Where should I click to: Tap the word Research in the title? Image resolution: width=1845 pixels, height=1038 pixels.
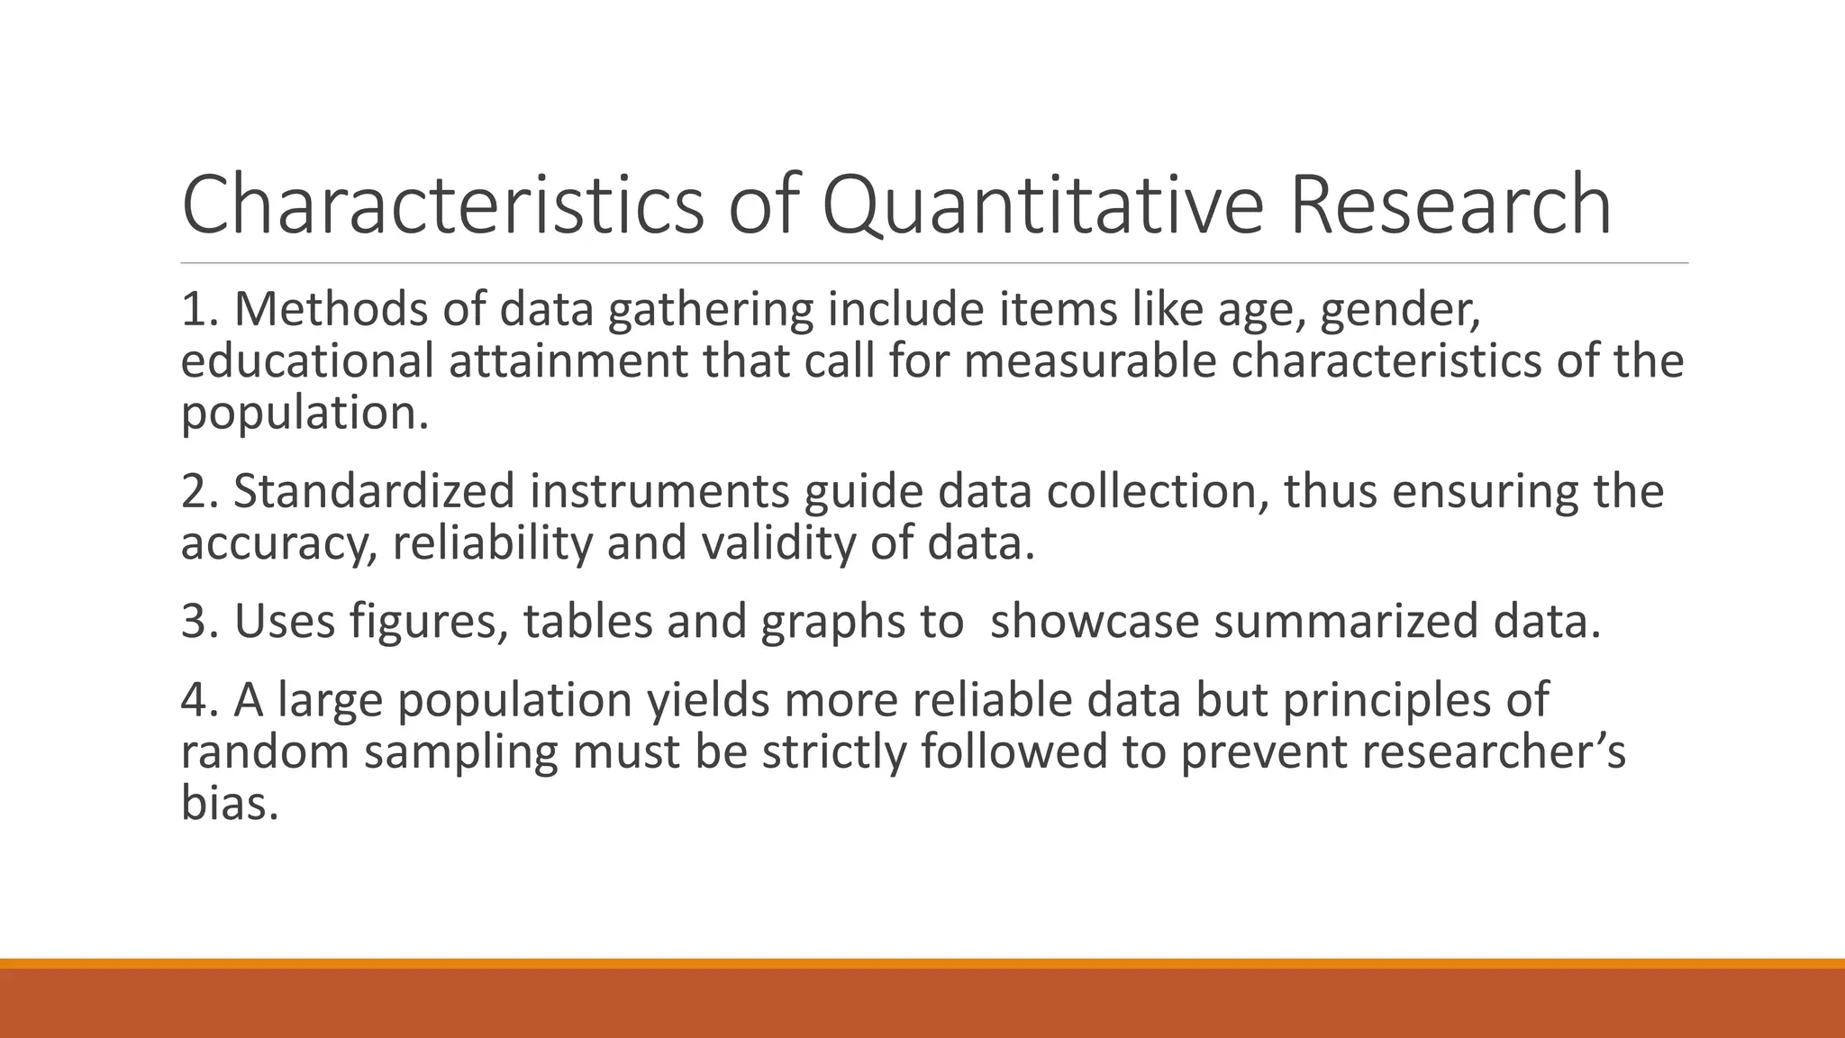pyautogui.click(x=1450, y=206)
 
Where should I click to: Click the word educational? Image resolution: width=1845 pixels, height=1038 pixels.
pyautogui.click(x=307, y=361)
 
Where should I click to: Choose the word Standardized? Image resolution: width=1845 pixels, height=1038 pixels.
pyautogui.click(x=374, y=491)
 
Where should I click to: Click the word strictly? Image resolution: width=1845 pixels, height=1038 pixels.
pyautogui.click(x=833, y=751)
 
